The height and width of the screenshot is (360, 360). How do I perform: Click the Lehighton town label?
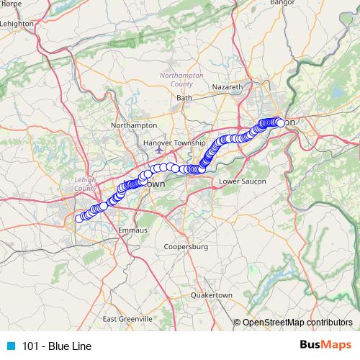(x=18, y=23)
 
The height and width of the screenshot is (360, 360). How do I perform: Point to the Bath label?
(x=184, y=97)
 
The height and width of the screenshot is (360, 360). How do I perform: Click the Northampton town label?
(x=134, y=125)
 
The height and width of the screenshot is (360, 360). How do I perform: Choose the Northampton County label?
(x=177, y=79)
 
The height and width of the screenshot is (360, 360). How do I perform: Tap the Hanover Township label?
(x=174, y=143)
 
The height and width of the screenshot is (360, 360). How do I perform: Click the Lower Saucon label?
(x=238, y=181)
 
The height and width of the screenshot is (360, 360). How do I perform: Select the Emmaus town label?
(x=132, y=230)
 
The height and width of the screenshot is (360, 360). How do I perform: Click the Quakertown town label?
(x=212, y=295)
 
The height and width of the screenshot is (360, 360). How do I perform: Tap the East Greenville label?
(x=127, y=318)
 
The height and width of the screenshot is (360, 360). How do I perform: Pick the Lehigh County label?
(x=86, y=184)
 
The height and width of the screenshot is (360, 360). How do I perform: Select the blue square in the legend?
(x=11, y=346)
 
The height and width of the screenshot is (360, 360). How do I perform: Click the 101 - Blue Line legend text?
(x=57, y=346)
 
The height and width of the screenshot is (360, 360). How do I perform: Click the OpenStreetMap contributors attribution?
(x=297, y=323)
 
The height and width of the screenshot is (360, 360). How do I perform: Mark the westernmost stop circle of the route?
(x=79, y=219)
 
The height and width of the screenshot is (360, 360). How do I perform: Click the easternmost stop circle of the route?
(x=281, y=123)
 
